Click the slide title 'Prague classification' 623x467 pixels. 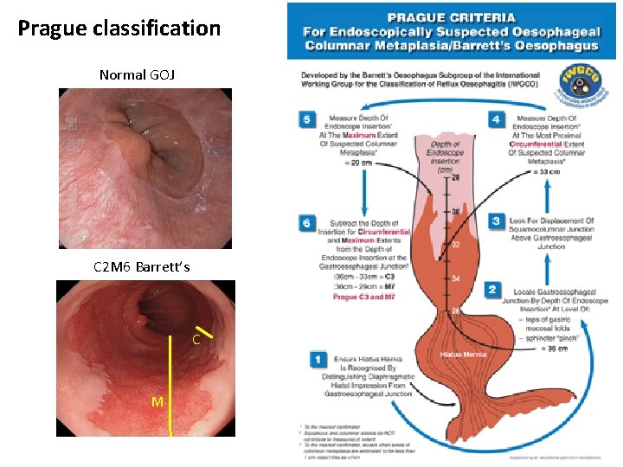pos(119,29)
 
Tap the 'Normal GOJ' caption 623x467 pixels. pos(137,75)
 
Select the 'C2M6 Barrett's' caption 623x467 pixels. pos(141,266)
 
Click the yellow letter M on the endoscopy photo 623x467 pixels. pos(157,401)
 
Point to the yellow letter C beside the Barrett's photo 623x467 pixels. pos(196,341)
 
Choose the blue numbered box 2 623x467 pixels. pos(492,289)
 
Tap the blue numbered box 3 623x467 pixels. pos(496,221)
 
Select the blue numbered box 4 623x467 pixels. pos(496,119)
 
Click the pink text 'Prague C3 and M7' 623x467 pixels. pos(364,297)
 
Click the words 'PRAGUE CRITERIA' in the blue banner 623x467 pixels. pos(451,17)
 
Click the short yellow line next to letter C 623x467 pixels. pos(203,331)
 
